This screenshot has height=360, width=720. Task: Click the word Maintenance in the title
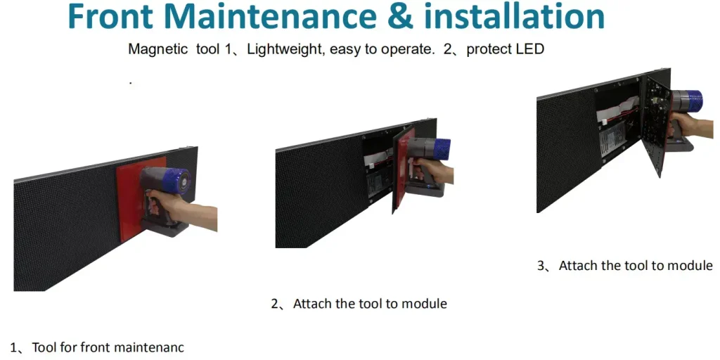pyautogui.click(x=267, y=16)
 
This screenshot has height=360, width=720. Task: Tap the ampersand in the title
pyautogui.click(x=399, y=17)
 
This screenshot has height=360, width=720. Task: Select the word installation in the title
pyautogui.click(x=514, y=16)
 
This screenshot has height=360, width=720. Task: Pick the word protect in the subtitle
pyautogui.click(x=489, y=50)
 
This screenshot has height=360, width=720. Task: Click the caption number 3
pyautogui.click(x=541, y=266)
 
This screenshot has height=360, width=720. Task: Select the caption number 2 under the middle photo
pyautogui.click(x=275, y=304)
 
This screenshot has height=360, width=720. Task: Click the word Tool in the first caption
pyautogui.click(x=44, y=347)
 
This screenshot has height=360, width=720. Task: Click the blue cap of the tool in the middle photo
pyautogui.click(x=439, y=148)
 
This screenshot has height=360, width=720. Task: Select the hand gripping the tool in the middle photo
pyautogui.click(x=433, y=170)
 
